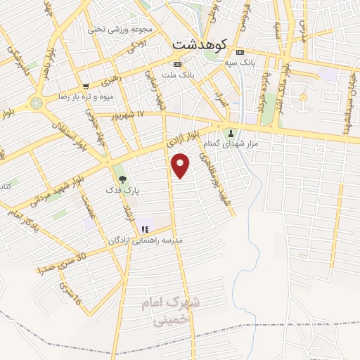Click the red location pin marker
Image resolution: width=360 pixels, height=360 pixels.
click(181, 165)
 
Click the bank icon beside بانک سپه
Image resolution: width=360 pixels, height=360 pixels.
click(240, 52)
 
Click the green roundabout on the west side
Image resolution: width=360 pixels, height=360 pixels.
click(36, 103)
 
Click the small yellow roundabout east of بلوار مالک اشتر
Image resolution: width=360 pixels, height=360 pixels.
click(303, 96)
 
